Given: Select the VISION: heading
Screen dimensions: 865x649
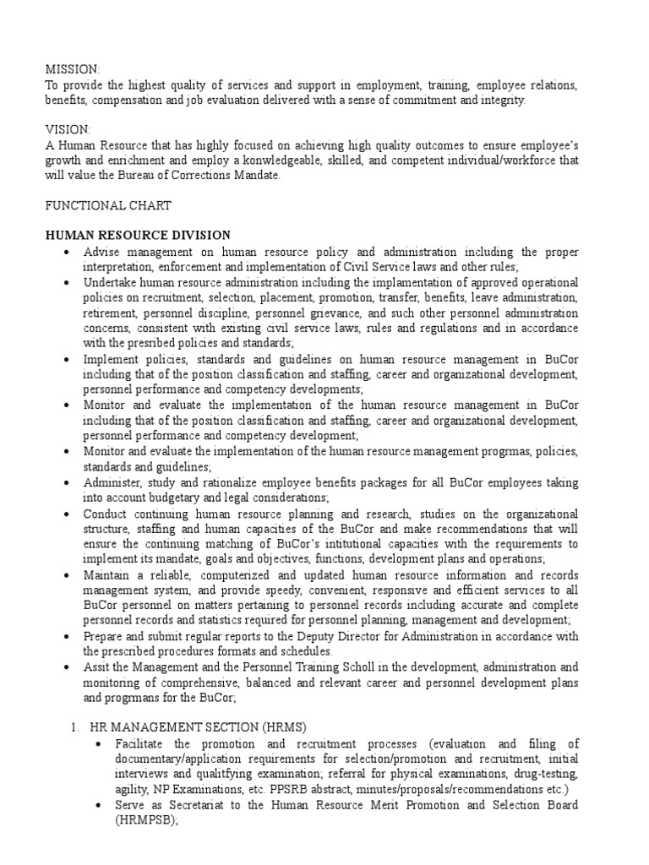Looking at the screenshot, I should (68, 129).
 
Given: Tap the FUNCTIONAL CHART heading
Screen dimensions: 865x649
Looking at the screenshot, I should (107, 205).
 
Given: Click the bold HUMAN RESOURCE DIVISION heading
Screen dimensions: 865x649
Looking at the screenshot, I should (138, 235).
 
